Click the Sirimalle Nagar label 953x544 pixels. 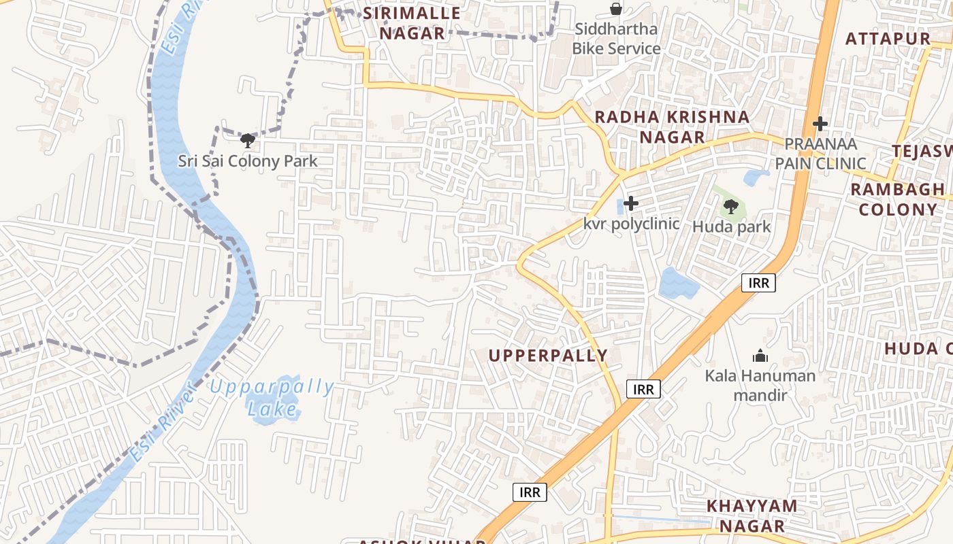coord(411,22)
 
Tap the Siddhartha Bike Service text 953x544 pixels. coord(616,39)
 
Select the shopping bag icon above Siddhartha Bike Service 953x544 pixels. coord(616,9)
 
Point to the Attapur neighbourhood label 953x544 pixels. coord(888,39)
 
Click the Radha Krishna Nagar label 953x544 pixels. coord(672,126)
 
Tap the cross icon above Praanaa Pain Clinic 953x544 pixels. coord(820,124)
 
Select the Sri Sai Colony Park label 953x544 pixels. coord(248,161)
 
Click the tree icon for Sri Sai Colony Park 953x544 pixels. coord(248,141)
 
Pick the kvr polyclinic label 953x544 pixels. coord(631,224)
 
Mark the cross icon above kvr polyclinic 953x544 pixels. coord(631,203)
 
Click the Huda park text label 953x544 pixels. coord(731,226)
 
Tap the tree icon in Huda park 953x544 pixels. coord(731,206)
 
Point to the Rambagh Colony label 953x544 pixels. coord(897,199)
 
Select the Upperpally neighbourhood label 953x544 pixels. coord(548,355)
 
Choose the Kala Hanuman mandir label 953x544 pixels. coord(760,385)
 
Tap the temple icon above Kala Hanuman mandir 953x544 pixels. coord(760,356)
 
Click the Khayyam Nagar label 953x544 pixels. coord(752,515)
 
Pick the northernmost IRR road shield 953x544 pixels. coord(758,283)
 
